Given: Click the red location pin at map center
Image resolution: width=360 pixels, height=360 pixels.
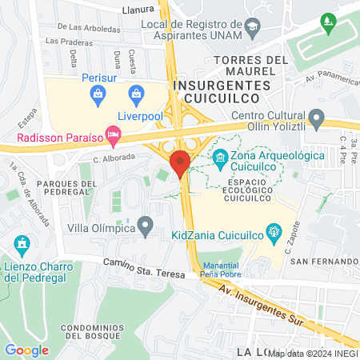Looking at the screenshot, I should [x=180, y=163].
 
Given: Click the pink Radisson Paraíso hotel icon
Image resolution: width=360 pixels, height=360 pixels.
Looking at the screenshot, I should [x=113, y=138].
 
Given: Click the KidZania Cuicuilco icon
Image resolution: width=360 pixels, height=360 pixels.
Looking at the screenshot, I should [x=274, y=234].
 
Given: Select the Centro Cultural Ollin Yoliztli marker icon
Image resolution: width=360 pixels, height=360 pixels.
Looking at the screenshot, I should [x=317, y=119].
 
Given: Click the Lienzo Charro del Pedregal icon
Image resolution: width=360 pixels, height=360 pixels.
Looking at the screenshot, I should [x=22, y=242].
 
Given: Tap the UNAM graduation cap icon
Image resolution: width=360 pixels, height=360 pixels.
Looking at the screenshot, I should [x=253, y=27].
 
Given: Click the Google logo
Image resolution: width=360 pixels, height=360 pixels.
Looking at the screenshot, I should [x=26, y=350].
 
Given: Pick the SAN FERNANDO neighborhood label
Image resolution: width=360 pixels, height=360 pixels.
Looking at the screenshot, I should [x=322, y=262].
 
